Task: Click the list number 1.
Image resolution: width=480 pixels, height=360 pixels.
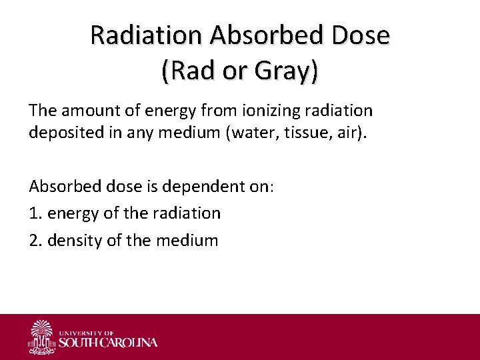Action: click(34, 213)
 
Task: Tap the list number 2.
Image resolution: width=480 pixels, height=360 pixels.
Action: click(34, 240)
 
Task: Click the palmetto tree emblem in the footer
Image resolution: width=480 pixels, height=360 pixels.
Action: click(42, 337)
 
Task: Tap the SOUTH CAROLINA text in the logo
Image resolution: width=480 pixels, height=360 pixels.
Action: click(109, 343)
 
